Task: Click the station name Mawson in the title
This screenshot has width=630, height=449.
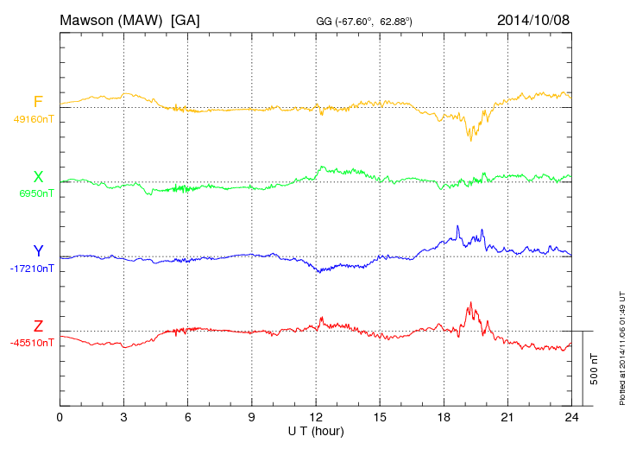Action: (89, 19)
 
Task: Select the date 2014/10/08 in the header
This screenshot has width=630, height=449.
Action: (532, 19)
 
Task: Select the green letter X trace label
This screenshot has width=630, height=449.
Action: (38, 177)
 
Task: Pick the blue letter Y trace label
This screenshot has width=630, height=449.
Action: (38, 251)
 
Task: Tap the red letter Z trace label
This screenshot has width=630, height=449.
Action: (38, 326)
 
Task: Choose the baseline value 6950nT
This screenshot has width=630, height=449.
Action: (35, 193)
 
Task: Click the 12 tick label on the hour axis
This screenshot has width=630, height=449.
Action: (316, 417)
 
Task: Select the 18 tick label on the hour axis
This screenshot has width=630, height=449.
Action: (444, 417)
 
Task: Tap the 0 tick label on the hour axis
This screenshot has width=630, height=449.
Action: (60, 417)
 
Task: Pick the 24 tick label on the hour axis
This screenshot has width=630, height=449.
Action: (571, 417)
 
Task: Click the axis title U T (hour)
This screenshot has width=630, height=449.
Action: (316, 430)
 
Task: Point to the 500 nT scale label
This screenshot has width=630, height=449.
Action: (594, 368)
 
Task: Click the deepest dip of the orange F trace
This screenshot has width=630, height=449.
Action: (470, 140)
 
